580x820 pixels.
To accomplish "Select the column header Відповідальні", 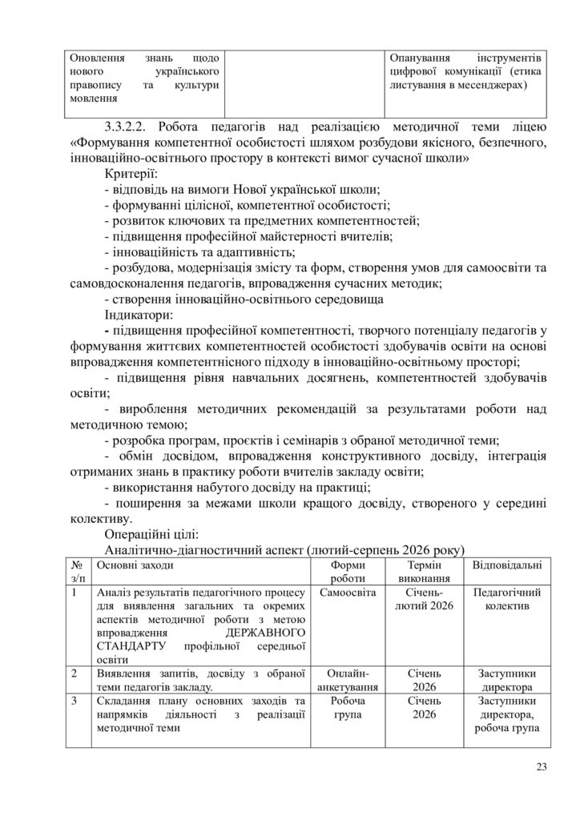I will click(x=506, y=565).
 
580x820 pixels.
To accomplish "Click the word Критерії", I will click(x=131, y=173).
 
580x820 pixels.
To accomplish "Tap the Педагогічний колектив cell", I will click(x=506, y=600).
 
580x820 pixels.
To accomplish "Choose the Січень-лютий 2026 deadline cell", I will click(x=425, y=600).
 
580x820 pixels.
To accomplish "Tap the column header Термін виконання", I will click(x=425, y=572).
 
